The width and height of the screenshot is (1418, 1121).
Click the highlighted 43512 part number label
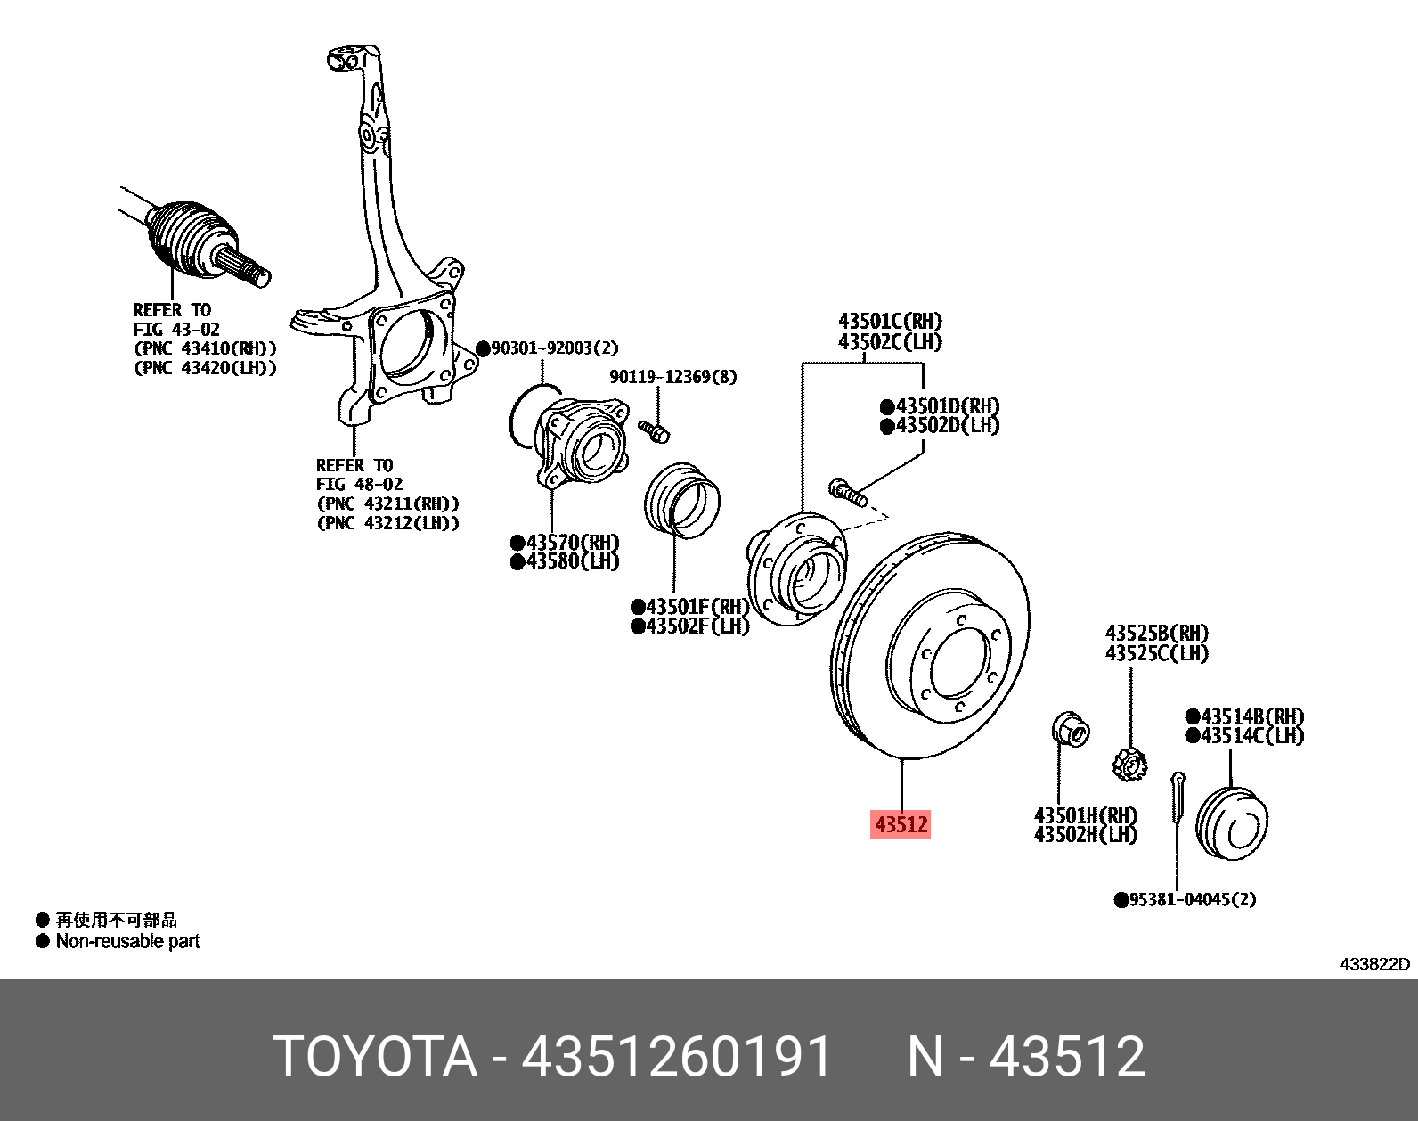901,824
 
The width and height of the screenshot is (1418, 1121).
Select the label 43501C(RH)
890,321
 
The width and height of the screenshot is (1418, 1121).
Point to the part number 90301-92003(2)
554,348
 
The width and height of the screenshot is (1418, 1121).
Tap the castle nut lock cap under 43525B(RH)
1129,764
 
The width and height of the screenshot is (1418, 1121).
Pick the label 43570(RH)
571,542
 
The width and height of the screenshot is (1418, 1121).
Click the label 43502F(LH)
697,626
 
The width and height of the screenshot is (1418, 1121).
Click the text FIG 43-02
176,330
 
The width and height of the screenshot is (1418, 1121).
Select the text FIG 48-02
359,485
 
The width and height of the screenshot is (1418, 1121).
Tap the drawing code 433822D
1374,963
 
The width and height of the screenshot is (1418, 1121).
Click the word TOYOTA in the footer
375,1057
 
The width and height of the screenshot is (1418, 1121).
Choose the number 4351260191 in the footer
676,1057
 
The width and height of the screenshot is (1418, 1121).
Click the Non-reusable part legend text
127,941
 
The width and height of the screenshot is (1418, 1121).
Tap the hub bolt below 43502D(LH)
847,491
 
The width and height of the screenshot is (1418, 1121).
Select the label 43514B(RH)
1251,716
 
